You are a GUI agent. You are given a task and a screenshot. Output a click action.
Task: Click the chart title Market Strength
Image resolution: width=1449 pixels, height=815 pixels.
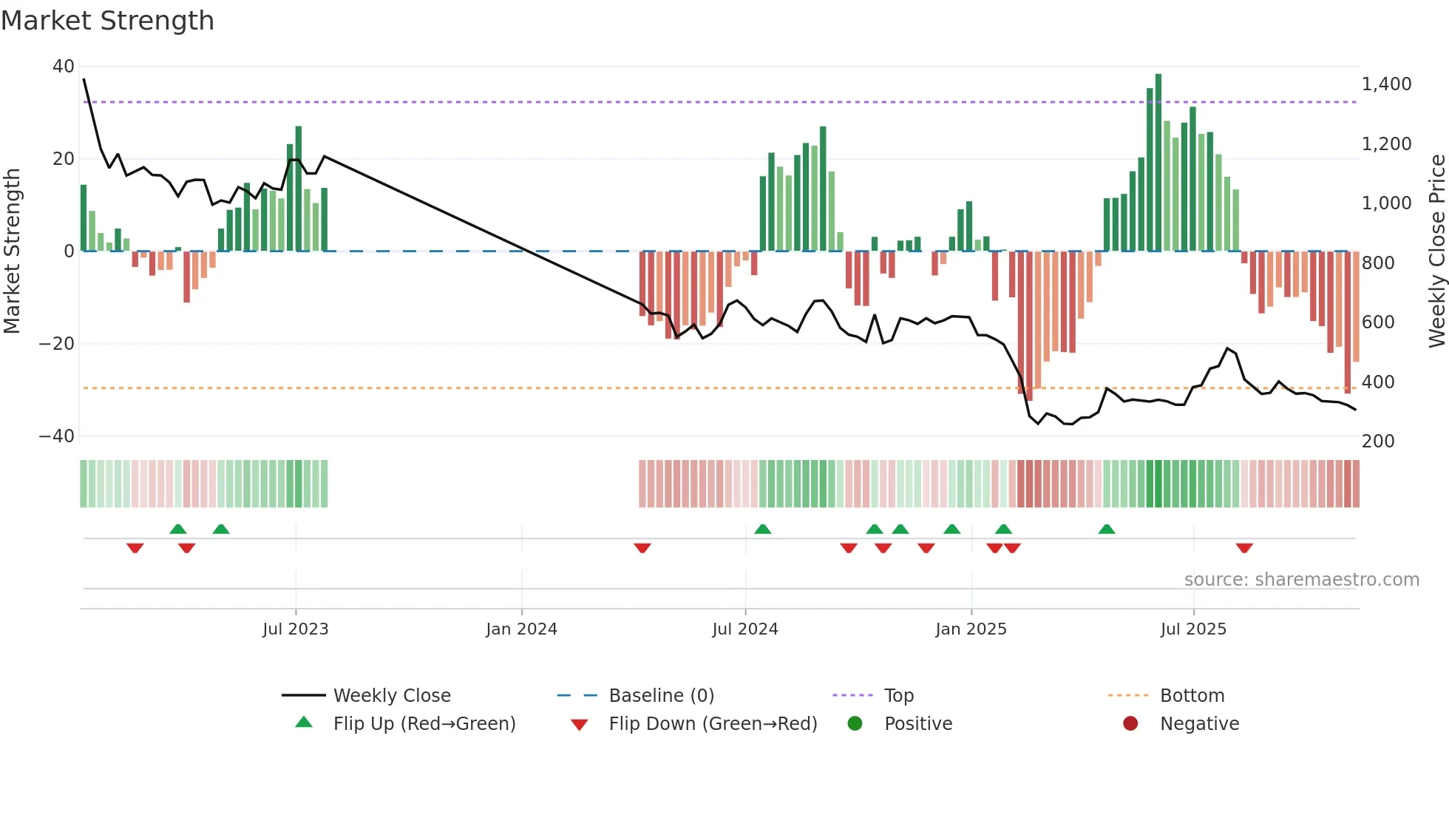click(x=107, y=21)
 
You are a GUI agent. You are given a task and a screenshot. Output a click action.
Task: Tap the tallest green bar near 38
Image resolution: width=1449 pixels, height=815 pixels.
click(x=1158, y=163)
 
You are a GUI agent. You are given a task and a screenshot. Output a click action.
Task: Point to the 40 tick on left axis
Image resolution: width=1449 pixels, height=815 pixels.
click(x=64, y=67)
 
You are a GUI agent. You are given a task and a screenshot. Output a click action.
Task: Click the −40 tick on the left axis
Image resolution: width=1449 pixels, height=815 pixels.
click(x=57, y=436)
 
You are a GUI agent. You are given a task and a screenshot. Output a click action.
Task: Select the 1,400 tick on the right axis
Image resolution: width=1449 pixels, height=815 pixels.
click(x=1386, y=84)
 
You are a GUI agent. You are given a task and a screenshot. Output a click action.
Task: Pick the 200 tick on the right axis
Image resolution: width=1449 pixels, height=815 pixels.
click(x=1378, y=442)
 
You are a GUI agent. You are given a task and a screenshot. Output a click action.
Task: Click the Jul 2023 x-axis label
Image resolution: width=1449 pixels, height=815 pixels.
click(x=296, y=629)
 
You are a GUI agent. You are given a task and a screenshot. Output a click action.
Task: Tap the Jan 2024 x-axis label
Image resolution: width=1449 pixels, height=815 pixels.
click(x=522, y=629)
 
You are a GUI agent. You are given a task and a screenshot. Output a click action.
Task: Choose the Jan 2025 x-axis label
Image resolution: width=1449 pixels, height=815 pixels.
click(x=971, y=629)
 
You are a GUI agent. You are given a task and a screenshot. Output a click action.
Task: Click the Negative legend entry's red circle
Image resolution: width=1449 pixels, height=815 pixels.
click(x=1130, y=724)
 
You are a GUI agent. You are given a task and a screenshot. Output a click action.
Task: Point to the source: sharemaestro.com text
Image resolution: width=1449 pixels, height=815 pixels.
click(x=1301, y=580)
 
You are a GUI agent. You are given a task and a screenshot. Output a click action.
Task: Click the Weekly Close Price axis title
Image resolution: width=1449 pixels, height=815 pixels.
click(x=1436, y=251)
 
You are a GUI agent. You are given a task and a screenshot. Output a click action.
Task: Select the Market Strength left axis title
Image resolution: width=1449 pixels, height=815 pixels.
click(x=12, y=251)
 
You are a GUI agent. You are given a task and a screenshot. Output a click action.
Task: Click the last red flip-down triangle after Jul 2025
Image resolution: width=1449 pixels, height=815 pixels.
click(x=1244, y=548)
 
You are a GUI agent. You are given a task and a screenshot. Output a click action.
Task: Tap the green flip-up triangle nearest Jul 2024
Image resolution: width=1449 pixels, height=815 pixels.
click(x=763, y=529)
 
